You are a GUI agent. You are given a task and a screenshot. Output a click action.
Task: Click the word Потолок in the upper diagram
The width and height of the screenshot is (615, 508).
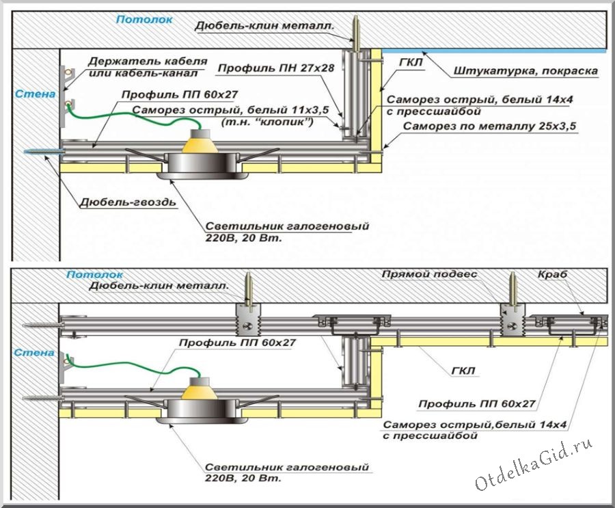click(x=143, y=20)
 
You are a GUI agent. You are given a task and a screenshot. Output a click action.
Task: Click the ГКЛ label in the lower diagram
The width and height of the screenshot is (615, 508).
click(x=464, y=372)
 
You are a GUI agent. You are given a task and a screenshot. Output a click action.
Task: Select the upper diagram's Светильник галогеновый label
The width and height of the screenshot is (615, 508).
click(x=287, y=232)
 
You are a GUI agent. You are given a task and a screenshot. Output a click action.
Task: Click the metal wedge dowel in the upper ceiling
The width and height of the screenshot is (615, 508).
click(x=356, y=33)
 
